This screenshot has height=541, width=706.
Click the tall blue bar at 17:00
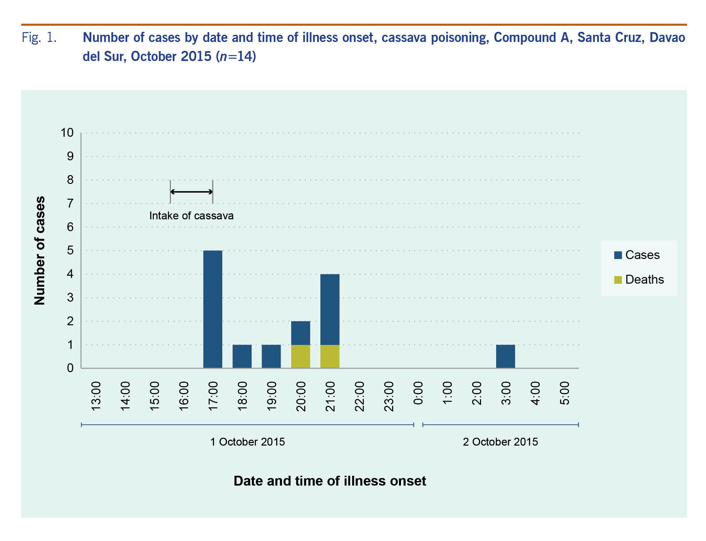tap(212, 309)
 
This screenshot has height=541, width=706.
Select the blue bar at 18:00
tap(242, 356)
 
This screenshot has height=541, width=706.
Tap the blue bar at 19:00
tap(271, 356)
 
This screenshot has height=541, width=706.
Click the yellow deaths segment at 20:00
tap(300, 356)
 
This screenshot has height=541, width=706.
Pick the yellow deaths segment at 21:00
tap(330, 356)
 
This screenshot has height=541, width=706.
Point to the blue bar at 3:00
tap(505, 356)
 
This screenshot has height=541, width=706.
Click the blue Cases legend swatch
tap(618, 255)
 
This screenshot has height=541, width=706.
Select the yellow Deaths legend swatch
tap(618, 280)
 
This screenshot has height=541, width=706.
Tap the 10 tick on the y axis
tap(67, 133)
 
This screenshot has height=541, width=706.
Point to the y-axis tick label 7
tap(70, 204)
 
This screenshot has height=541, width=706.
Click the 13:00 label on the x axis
tap(96, 396)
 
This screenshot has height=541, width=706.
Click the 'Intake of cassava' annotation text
tap(191, 216)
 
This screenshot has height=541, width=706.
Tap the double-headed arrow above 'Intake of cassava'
tap(191, 192)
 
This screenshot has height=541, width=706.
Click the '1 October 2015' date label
tap(247, 442)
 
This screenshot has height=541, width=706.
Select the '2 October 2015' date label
tap(500, 442)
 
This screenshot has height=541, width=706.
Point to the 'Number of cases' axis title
tap(39, 250)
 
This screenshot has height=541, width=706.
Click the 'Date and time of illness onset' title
tap(330, 481)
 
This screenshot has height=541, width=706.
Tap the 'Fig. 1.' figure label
tap(39, 37)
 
